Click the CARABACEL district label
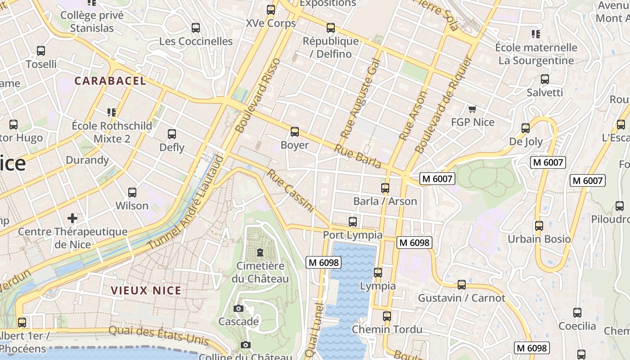(x=110, y=81)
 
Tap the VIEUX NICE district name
(x=146, y=291)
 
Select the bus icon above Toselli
(x=41, y=51)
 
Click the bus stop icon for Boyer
(x=295, y=132)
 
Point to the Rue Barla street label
(x=358, y=156)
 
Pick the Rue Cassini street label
(x=290, y=190)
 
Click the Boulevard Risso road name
(x=258, y=95)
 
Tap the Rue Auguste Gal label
(x=360, y=98)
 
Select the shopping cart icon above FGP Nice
(x=472, y=109)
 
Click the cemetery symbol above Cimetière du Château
(x=260, y=252)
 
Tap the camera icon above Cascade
(x=238, y=308)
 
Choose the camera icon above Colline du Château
(x=245, y=345)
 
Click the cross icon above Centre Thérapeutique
(x=72, y=219)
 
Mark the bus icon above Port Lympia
(x=353, y=222)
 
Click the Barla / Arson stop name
(x=385, y=201)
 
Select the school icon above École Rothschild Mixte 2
(x=112, y=112)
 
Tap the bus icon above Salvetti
(x=545, y=79)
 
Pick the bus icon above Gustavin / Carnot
(x=462, y=285)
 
